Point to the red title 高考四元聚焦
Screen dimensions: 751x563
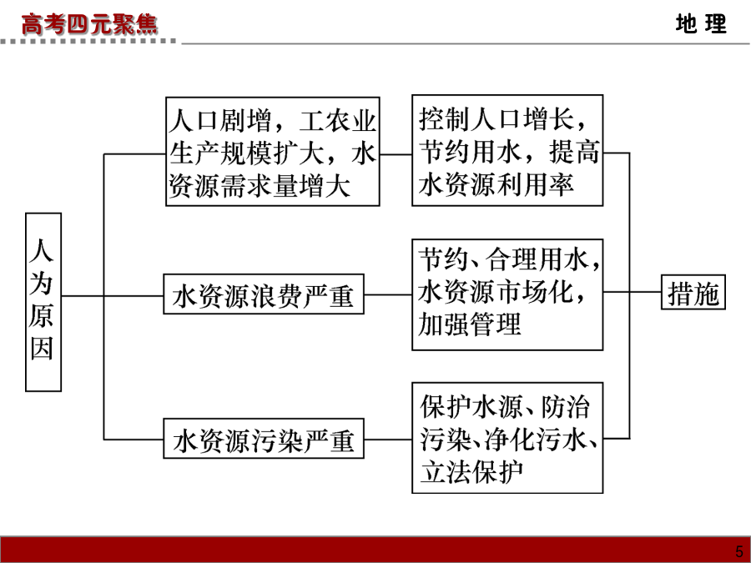(89, 24)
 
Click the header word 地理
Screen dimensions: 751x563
(701, 23)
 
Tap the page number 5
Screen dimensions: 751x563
(739, 551)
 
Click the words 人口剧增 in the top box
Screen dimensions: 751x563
(220, 120)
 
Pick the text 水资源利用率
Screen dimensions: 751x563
(496, 184)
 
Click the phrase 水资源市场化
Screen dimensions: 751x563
(495, 292)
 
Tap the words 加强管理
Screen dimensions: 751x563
(469, 324)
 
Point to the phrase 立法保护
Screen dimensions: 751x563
(471, 472)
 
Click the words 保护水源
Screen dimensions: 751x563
(471, 407)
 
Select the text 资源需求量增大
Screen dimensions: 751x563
(260, 186)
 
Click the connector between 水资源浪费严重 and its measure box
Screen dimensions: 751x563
(388, 294)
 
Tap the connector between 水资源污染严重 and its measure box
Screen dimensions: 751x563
(388, 439)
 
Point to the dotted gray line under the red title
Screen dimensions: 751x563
(88, 42)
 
